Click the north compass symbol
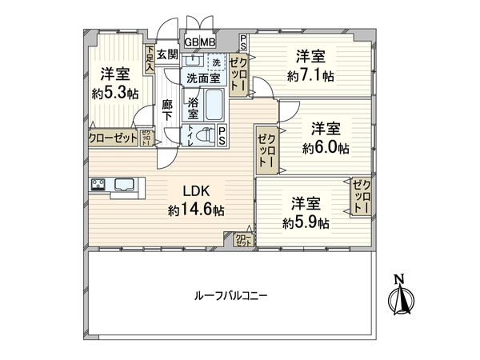point(399,297)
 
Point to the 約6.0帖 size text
point(326,148)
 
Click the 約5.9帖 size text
point(306,223)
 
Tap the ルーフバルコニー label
point(230,294)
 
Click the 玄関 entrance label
point(166,54)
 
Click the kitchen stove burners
point(99,185)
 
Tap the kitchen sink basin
point(125,185)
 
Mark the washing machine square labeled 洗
point(217,62)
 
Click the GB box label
point(192,42)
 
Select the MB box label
point(207,42)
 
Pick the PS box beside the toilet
point(222,137)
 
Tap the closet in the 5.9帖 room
point(362,195)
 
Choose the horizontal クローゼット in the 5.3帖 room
point(111,137)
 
